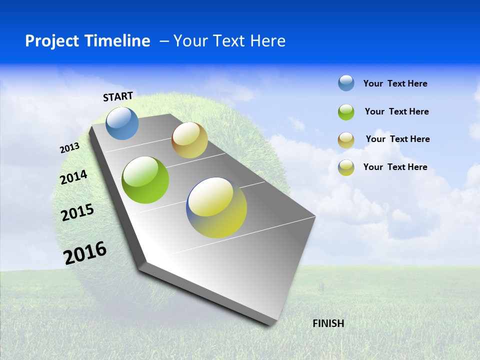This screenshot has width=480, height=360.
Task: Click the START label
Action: (118, 96)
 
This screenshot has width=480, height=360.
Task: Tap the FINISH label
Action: (328, 323)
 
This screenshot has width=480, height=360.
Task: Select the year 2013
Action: (69, 148)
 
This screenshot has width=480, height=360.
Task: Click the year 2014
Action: (73, 177)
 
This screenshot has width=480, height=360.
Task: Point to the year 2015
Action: (77, 212)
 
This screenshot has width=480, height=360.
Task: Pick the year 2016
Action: (85, 252)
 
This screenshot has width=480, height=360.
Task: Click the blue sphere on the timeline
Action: (122, 123)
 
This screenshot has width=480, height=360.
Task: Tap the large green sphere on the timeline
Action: (145, 180)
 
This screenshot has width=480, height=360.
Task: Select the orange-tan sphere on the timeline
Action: (189, 140)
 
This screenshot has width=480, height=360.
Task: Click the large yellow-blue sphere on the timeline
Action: (216, 207)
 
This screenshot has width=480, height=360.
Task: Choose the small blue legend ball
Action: (346, 83)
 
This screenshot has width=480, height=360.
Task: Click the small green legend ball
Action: (346, 112)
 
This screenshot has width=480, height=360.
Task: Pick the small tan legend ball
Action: (346, 140)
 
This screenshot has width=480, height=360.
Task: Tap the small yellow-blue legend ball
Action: (346, 167)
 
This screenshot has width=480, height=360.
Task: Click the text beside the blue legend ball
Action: (395, 83)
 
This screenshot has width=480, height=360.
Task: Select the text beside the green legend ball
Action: (396, 111)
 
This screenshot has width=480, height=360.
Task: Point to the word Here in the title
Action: (267, 41)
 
